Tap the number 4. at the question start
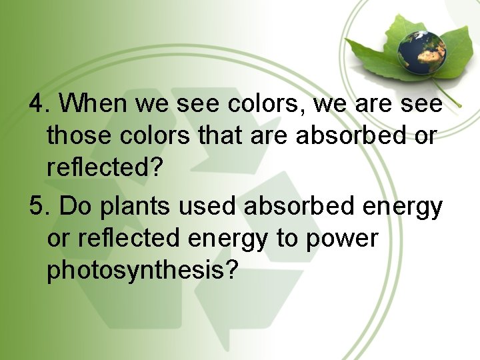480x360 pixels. tap(39, 104)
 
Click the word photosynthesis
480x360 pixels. tap(134, 271)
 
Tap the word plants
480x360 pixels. tap(126, 207)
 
